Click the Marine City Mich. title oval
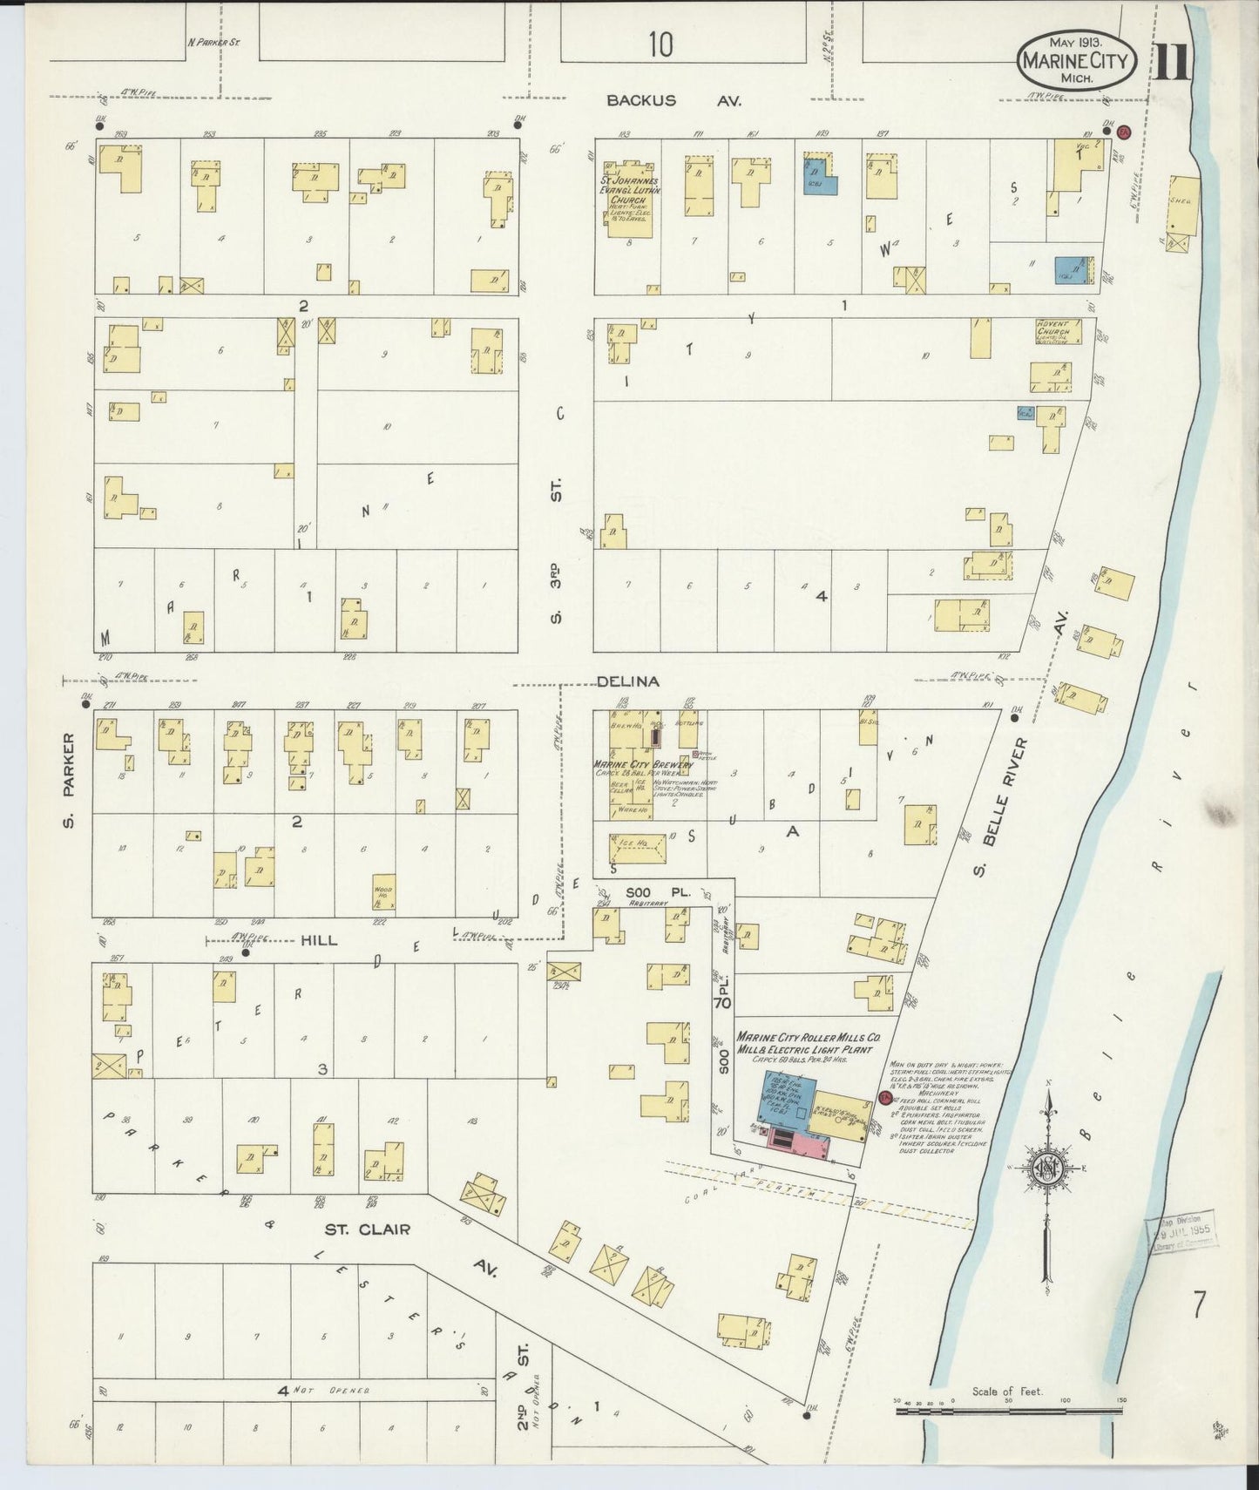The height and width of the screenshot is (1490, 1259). click(x=1076, y=60)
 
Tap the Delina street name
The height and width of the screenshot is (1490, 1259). click(x=628, y=681)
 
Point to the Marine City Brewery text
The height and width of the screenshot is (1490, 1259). click(x=643, y=764)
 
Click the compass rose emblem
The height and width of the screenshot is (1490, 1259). click(x=1051, y=1168)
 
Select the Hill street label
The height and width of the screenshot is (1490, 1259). click(x=319, y=940)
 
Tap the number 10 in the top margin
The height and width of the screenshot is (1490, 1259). click(x=660, y=44)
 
